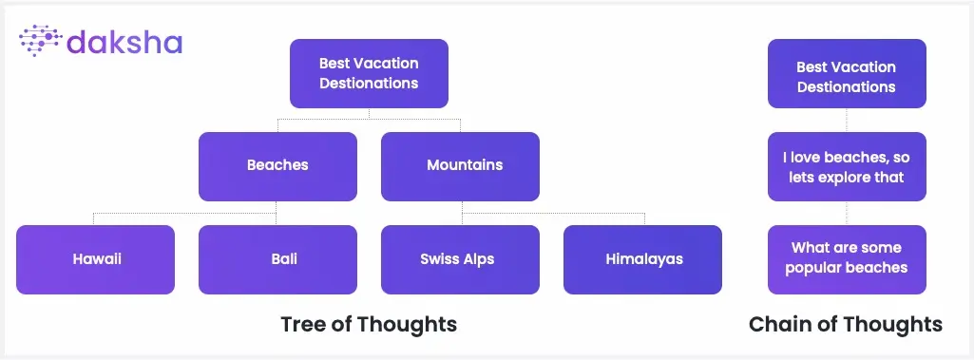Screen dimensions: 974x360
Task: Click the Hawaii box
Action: pos(96,259)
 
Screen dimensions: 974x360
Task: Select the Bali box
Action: pos(277,259)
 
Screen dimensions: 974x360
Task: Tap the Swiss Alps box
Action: pos(460,259)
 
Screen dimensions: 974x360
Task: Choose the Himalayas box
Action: pos(643,259)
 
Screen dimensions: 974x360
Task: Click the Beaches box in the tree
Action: pos(277,166)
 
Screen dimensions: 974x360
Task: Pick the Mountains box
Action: pos(460,166)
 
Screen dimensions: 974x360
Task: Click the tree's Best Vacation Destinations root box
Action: pos(369,73)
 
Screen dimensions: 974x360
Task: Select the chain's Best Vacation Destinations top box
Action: pos(847,73)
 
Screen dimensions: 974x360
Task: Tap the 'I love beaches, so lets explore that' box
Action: pos(847,166)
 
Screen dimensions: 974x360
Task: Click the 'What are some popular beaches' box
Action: pos(847,259)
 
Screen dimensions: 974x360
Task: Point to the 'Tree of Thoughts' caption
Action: pos(369,324)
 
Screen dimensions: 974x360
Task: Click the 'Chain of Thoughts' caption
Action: pos(846,324)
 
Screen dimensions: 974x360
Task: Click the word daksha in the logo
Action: pos(124,42)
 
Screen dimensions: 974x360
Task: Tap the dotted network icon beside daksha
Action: pos(40,41)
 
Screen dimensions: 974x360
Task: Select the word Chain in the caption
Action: pos(777,324)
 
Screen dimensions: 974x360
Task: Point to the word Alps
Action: pos(477,259)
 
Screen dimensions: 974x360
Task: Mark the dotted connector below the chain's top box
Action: pos(847,120)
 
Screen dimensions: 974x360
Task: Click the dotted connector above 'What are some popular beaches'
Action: pos(847,213)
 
